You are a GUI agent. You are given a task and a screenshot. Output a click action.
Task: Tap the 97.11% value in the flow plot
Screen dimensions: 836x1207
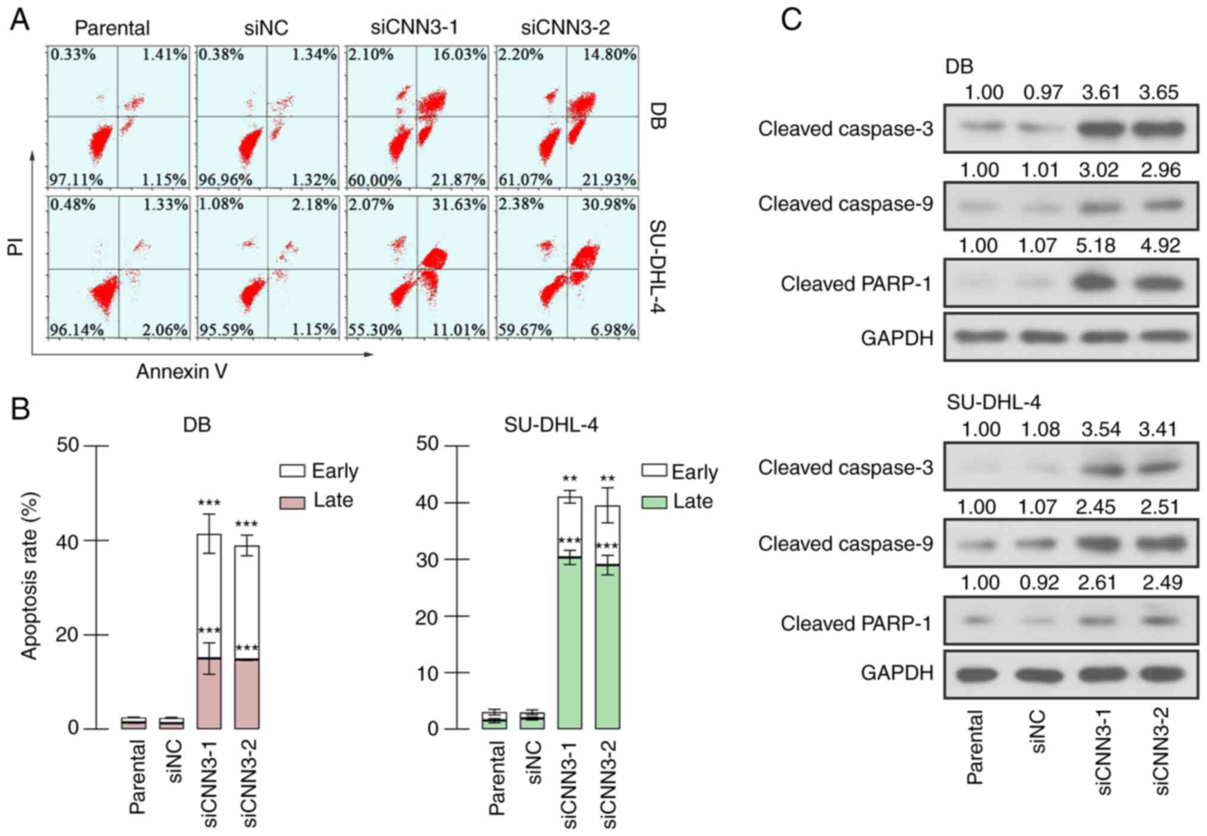(x=76, y=179)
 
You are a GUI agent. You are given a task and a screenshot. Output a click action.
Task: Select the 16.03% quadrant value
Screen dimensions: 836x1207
(x=459, y=55)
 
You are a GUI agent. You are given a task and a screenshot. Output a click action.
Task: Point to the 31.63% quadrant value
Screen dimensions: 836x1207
(x=459, y=205)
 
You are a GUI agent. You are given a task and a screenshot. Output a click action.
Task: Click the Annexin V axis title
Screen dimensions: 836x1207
(x=181, y=372)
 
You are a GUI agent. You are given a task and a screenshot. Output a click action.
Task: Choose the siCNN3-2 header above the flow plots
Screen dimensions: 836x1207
(x=565, y=27)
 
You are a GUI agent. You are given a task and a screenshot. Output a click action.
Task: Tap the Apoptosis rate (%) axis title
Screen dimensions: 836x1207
(x=29, y=576)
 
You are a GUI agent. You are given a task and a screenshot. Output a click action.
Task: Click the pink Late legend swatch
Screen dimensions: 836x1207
(x=292, y=502)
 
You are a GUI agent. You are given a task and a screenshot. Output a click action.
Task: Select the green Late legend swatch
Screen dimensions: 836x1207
(x=654, y=502)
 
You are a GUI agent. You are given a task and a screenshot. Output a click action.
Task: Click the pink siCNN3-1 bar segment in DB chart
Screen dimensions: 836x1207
(x=209, y=693)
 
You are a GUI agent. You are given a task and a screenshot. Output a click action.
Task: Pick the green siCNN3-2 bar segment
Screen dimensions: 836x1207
(x=607, y=646)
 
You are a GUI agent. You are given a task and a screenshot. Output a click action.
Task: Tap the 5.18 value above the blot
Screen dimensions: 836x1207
(x=1095, y=246)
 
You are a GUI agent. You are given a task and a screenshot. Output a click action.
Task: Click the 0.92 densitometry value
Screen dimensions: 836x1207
(x=1039, y=583)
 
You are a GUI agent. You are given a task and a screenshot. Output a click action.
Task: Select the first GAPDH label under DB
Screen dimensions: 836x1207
(x=897, y=338)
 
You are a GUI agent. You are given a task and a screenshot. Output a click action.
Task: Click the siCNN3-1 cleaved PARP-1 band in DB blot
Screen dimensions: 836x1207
(x=1096, y=282)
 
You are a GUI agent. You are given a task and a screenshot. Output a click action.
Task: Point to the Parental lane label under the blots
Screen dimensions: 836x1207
(x=975, y=747)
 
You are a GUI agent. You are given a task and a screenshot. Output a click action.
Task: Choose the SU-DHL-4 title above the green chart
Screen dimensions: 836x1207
(x=550, y=425)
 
